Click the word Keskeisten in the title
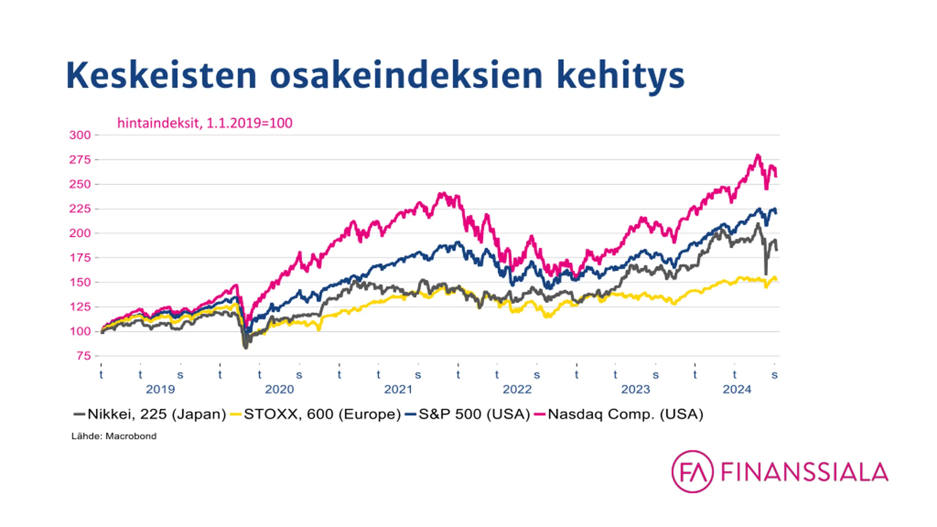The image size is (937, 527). [x=161, y=76]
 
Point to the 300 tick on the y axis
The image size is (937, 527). [x=80, y=135]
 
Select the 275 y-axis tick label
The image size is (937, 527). [x=80, y=160]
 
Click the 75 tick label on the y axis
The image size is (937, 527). [x=83, y=356]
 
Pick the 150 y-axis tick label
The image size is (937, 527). [x=80, y=282]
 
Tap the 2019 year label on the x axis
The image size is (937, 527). [x=160, y=389]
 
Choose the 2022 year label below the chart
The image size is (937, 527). [x=517, y=389]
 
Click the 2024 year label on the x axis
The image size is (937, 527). [x=737, y=389]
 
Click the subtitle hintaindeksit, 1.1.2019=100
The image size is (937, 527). [x=205, y=123]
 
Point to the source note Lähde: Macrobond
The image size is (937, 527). [x=114, y=436]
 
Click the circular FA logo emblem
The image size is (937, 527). [x=692, y=471]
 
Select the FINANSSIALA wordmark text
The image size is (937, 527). [x=805, y=472]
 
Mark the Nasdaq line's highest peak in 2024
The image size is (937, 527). [x=758, y=156]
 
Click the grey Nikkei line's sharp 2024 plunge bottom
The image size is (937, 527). [x=766, y=274]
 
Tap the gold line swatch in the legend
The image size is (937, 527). [x=235, y=415]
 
